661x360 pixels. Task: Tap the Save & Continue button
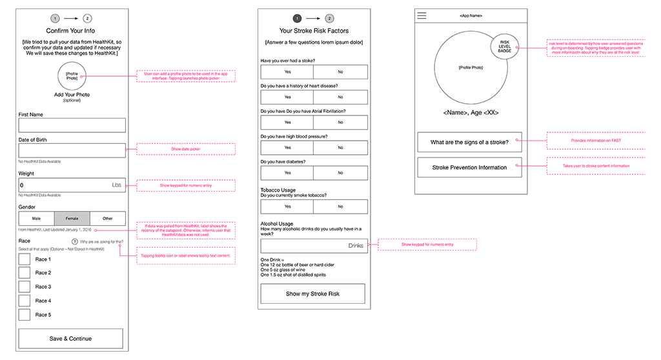pos(70,338)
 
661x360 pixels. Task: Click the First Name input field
pos(72,125)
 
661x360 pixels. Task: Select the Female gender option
pos(72,219)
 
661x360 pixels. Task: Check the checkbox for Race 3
pos(25,286)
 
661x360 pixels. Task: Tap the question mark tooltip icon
pos(75,241)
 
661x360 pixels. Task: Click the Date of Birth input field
pos(72,150)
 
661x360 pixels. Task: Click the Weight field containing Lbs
pos(72,185)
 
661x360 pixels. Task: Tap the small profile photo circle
pos(72,77)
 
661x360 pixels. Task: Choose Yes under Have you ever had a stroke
pos(287,72)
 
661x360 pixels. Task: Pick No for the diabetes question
pos(340,173)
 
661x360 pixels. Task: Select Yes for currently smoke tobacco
pos(287,206)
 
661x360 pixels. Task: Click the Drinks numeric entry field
pos(314,246)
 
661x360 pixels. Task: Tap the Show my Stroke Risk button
pos(312,294)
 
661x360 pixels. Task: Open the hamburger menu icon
pos(422,15)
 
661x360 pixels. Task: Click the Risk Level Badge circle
pos(504,48)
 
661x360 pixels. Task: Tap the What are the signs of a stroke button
pos(469,142)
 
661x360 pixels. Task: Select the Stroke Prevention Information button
pos(469,167)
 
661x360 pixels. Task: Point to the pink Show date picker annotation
pos(186,149)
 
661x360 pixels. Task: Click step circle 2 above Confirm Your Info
pos(87,19)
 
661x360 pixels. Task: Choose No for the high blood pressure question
pos(340,148)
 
